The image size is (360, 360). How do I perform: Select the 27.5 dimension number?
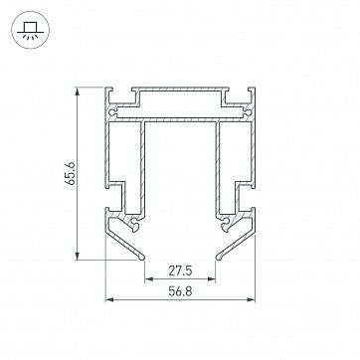[x=180, y=271]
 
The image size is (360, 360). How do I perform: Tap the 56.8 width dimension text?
[x=180, y=291]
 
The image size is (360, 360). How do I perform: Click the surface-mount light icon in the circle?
[x=30, y=30]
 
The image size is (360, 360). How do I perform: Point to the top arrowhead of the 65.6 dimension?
[x=78, y=91]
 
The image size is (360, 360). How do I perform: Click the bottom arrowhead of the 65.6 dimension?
[x=78, y=256]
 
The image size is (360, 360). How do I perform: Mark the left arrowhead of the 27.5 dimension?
[x=149, y=279]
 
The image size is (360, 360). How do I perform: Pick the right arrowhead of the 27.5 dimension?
[x=212, y=279]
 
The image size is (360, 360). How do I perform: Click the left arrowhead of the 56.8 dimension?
[x=109, y=299]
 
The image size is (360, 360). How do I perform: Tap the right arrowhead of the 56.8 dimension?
[x=251, y=299]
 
